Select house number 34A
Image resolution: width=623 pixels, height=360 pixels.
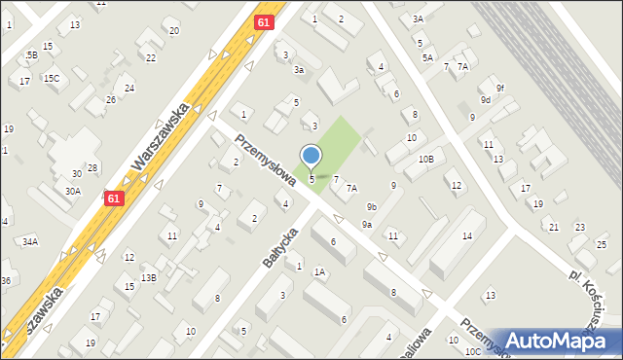[30, 240]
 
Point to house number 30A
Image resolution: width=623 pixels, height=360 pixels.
[73, 192]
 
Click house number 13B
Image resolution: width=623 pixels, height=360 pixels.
[148, 277]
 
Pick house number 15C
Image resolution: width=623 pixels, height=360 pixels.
[51, 77]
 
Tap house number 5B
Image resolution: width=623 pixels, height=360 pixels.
[32, 54]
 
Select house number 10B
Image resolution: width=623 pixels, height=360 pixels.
[425, 159]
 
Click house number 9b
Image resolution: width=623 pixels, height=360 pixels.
[372, 206]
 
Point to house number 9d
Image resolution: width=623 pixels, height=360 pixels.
[485, 99]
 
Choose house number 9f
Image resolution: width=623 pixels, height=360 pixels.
[499, 89]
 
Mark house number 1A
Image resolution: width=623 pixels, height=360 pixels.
[319, 272]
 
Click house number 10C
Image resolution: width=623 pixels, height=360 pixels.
[472, 351]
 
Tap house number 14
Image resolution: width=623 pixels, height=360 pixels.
[467, 236]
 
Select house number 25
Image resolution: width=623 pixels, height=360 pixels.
[603, 243]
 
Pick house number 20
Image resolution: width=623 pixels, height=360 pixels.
[174, 31]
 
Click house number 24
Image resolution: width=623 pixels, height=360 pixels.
[128, 89]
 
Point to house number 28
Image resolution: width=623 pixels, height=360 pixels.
[92, 168]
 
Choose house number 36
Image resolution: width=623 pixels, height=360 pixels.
[5, 281]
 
